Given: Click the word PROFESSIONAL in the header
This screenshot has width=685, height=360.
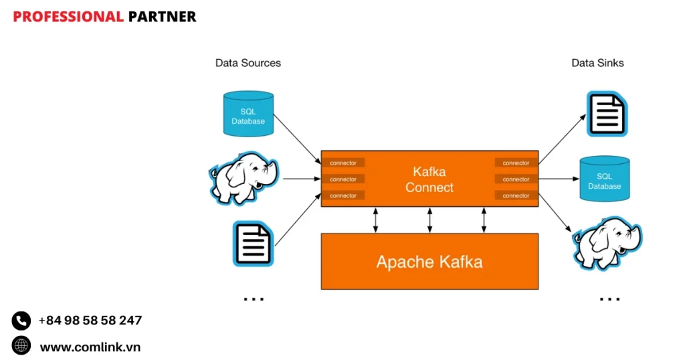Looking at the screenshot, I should (x=68, y=17).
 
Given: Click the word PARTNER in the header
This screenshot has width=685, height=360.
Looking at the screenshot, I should (x=162, y=17).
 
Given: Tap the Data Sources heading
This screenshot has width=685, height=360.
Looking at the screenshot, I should (x=248, y=63).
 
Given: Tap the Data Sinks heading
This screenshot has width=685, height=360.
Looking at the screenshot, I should (x=597, y=63).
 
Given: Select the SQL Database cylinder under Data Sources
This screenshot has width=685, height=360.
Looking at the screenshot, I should (x=248, y=114).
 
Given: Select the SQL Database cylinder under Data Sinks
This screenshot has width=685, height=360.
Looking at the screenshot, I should (x=604, y=179).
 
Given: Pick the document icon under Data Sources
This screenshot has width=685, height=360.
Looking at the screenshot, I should (x=253, y=244).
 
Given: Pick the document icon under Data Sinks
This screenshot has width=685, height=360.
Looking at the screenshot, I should (x=607, y=114).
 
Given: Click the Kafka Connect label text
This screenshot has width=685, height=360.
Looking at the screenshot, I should (x=429, y=180).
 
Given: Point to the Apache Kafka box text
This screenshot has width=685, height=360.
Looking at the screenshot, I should (x=429, y=261).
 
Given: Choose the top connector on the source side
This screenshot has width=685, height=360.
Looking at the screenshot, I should (x=343, y=163).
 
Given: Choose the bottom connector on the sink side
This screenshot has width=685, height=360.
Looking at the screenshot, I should (x=516, y=195).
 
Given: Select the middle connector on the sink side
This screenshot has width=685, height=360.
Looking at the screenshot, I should (x=516, y=179).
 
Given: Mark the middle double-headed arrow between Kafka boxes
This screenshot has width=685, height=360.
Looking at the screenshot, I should (x=429, y=219).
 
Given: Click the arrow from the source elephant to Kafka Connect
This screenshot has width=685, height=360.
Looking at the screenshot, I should (x=301, y=179).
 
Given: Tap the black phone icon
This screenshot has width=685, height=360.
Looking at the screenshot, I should (x=21, y=321).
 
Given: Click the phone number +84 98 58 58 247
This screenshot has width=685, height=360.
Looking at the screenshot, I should (x=90, y=321).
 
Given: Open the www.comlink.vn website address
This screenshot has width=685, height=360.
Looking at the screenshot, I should (x=90, y=347).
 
